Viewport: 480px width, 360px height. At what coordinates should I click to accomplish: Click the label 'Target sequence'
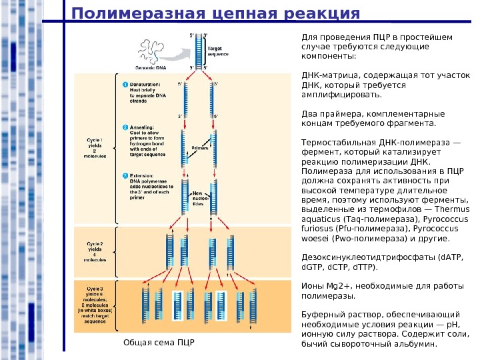217,50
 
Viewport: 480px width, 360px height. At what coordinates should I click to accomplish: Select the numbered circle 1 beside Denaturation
125,85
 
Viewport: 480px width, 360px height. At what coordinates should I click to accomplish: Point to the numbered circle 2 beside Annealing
125,127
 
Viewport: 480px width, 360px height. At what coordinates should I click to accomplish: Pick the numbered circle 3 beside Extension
125,176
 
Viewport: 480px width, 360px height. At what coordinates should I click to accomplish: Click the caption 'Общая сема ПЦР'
159,343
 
